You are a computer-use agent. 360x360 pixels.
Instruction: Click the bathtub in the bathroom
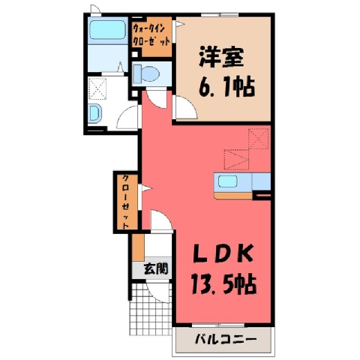click(107, 30)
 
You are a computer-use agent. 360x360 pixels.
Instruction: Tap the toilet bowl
click(147, 73)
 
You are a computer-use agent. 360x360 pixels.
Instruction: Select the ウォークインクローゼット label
click(151, 35)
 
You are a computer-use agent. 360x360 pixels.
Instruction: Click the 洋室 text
click(222, 57)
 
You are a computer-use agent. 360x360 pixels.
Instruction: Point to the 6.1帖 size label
click(226, 87)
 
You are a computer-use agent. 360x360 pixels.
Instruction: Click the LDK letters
click(223, 254)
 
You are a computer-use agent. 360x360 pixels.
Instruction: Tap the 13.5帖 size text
click(223, 283)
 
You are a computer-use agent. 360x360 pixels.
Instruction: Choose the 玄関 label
click(156, 269)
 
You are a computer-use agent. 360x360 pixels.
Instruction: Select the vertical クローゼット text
click(126, 202)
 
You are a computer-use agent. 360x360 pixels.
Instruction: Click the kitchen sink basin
click(228, 181)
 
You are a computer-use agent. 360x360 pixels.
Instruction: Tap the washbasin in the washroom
click(95, 113)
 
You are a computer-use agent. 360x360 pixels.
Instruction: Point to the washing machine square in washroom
click(97, 88)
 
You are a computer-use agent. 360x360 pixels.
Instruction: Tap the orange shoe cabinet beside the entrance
click(138, 247)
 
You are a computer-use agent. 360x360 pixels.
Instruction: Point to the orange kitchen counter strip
click(233, 196)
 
